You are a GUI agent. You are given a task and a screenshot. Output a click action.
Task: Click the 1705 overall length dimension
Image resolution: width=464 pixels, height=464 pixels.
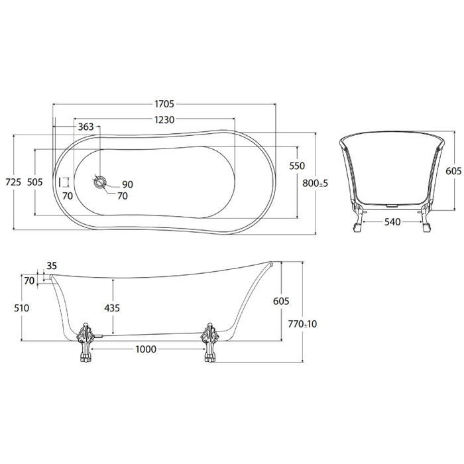pos(164,104)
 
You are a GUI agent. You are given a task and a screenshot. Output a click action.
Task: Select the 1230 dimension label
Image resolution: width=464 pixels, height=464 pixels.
pos(164,120)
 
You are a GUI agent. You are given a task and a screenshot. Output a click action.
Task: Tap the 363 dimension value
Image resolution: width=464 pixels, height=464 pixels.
pos(86,127)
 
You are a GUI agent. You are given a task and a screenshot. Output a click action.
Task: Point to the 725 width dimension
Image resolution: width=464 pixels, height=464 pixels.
pos(14,182)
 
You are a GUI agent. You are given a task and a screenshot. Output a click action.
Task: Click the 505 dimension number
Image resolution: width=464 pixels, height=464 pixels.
pos(35,182)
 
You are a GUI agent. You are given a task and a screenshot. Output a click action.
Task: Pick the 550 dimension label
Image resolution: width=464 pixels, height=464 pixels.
pos(297,166)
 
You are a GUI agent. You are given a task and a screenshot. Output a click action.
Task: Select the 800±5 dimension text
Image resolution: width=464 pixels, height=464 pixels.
pos(316,184)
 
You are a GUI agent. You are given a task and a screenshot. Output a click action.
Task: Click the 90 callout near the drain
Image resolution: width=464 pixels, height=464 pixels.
pos(127,185)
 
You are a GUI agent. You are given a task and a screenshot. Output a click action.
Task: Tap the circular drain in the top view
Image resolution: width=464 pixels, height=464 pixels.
pos(100,182)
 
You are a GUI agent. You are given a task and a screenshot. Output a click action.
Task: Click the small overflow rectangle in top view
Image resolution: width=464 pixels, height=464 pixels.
pos(64,182)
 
